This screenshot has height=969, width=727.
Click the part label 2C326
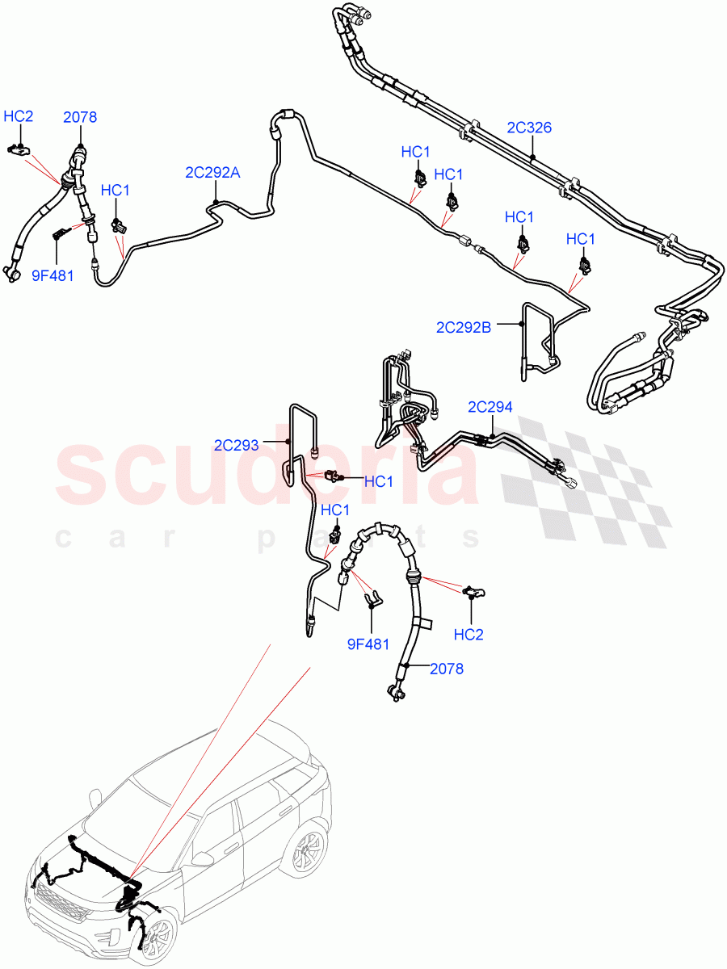pyautogui.click(x=529, y=128)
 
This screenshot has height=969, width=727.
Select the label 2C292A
pyautogui.click(x=212, y=173)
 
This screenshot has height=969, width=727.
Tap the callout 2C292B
pyautogui.click(x=464, y=326)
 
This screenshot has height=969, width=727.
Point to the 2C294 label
pyautogui.click(x=490, y=407)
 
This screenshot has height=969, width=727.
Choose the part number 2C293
pyautogui.click(x=237, y=444)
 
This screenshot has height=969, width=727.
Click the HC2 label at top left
pyautogui.click(x=19, y=117)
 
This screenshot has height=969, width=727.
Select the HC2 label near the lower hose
pyautogui.click(x=469, y=635)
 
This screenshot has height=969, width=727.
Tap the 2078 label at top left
pyautogui.click(x=80, y=117)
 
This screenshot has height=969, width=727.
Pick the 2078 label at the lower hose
pyautogui.click(x=447, y=669)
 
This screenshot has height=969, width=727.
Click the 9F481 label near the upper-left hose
pyautogui.click(x=53, y=275)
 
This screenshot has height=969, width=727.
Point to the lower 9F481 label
pyautogui.click(x=368, y=644)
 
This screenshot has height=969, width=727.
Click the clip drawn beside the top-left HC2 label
pyautogui.click(x=18, y=149)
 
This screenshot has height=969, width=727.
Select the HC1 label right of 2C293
pyautogui.click(x=378, y=482)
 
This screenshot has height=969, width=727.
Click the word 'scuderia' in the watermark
pyautogui.click(x=267, y=472)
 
